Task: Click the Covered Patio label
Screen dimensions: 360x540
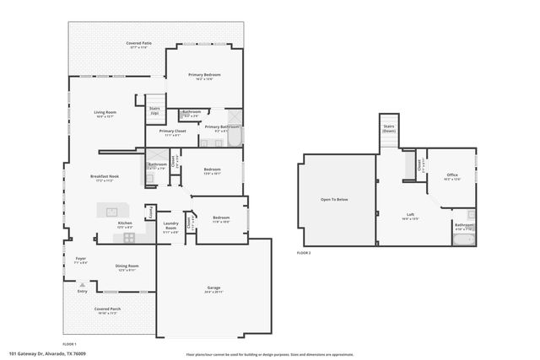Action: coord(138,43)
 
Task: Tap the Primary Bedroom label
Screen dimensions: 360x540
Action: coord(204,76)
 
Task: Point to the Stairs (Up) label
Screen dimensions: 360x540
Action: coord(154,110)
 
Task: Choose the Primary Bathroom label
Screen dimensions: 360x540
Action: coord(217,128)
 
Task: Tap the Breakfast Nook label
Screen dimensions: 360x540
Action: coord(105,177)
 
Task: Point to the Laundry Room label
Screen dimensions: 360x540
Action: coord(170,227)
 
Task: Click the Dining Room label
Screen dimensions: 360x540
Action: coord(127,267)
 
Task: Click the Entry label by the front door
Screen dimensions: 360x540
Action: coord(82,291)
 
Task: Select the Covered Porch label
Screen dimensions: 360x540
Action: coord(107,310)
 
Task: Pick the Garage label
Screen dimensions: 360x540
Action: coord(213,289)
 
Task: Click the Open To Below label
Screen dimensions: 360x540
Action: coord(334,200)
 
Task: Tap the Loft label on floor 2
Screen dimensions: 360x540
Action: coord(410,216)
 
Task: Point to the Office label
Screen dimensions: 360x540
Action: coord(451,177)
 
